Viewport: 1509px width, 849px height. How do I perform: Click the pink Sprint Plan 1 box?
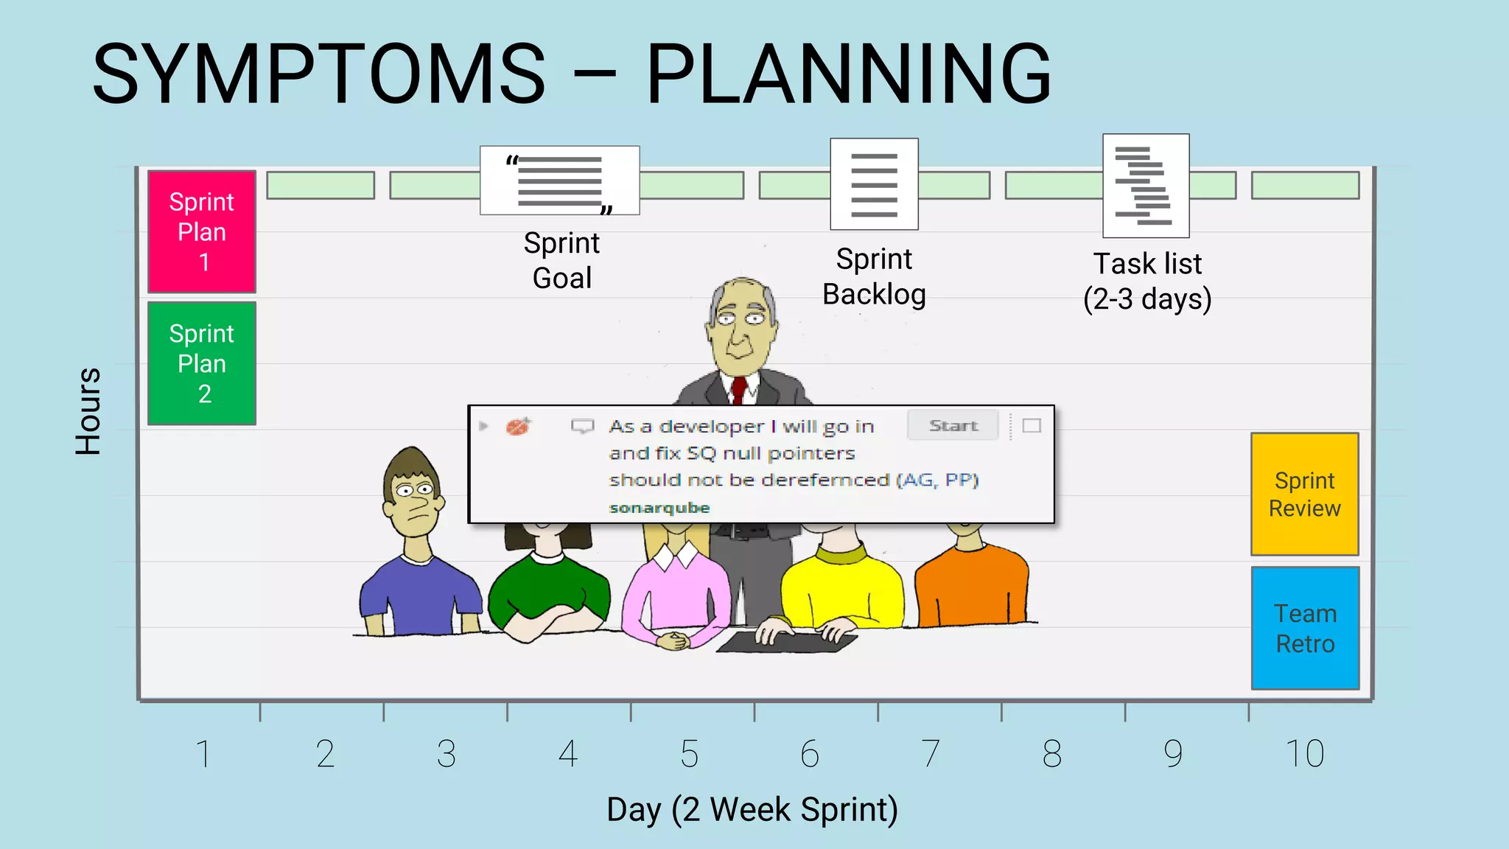[x=201, y=231]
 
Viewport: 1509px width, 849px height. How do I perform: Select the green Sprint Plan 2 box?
[x=201, y=363]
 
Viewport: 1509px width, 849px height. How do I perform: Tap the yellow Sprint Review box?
[x=1304, y=494]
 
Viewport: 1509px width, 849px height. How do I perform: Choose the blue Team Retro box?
[x=1304, y=628]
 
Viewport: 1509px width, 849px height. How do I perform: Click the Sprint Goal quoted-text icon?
[x=559, y=181]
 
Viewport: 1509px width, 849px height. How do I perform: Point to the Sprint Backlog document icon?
[x=874, y=184]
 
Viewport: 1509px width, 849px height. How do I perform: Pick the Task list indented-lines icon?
[x=1145, y=186]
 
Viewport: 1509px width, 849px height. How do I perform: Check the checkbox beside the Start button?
[x=1032, y=426]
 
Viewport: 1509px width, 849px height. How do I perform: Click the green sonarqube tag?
[x=659, y=508]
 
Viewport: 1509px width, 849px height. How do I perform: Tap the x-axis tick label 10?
[x=1304, y=754]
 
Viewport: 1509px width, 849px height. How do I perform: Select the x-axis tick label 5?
[x=689, y=754]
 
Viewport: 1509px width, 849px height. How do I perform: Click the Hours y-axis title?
[x=88, y=410]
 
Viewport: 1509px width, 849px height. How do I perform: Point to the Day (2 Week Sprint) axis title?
[x=752, y=809]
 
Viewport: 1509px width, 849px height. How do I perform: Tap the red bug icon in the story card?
[x=518, y=426]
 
